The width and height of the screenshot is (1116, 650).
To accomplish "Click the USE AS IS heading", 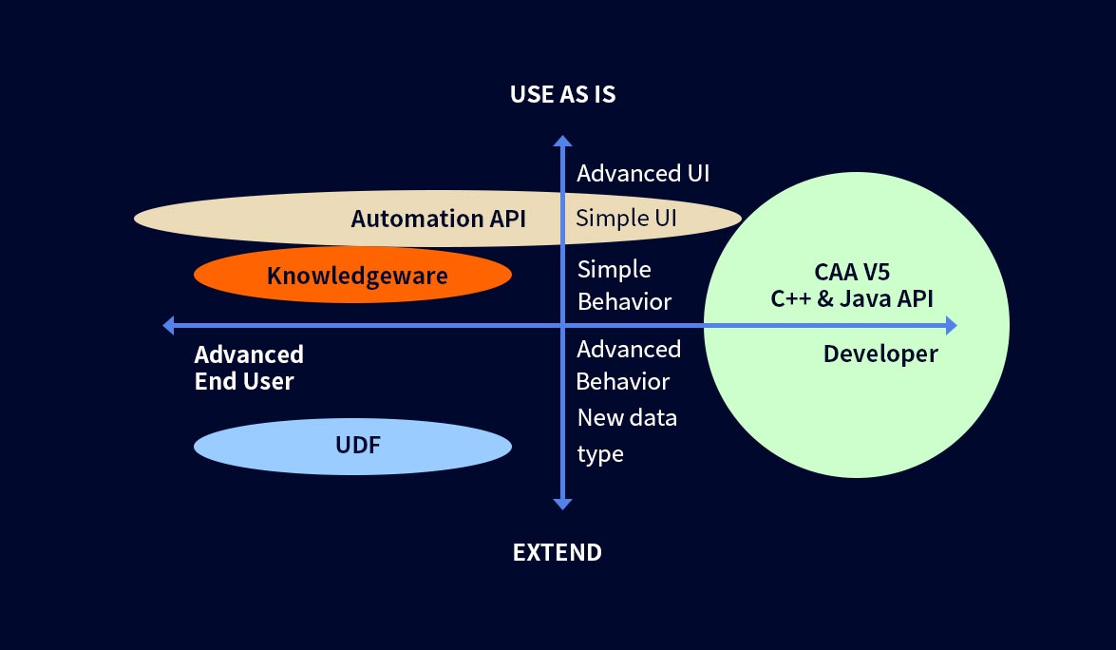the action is pos(562,94).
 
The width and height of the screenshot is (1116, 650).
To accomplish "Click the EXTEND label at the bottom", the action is pos(558,552).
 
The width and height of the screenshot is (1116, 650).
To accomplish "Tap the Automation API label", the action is pos(439,219).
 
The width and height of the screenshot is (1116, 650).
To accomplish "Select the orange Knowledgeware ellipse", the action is pos(353,275).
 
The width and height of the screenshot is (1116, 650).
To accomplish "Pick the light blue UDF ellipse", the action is pos(353,447).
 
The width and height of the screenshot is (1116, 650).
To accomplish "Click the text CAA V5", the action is pos(852,272).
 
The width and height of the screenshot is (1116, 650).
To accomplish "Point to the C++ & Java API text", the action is pos(852,299).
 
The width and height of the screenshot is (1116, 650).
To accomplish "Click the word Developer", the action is pos(880,354).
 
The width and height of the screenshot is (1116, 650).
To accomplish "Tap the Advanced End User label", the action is pos(249,368).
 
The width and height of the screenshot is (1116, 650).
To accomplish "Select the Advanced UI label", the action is pos(643,174).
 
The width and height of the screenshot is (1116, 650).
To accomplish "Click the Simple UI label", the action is pos(626,218).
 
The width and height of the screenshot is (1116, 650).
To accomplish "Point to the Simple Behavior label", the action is pos(624,285).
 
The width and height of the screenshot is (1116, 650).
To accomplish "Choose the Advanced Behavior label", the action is pos(629,365).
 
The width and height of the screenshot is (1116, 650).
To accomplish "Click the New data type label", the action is pos(627,435).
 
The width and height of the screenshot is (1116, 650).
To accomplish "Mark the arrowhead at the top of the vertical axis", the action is pos(562,141).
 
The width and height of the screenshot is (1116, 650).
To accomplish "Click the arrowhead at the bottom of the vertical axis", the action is pos(562,504).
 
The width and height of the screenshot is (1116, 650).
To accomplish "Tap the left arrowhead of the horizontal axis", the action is pos(169,325).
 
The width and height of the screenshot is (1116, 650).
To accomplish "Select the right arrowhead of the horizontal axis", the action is pos(951,325).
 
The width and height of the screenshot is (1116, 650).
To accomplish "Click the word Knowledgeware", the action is pos(357,277).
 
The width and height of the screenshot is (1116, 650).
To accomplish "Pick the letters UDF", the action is pos(358,445).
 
